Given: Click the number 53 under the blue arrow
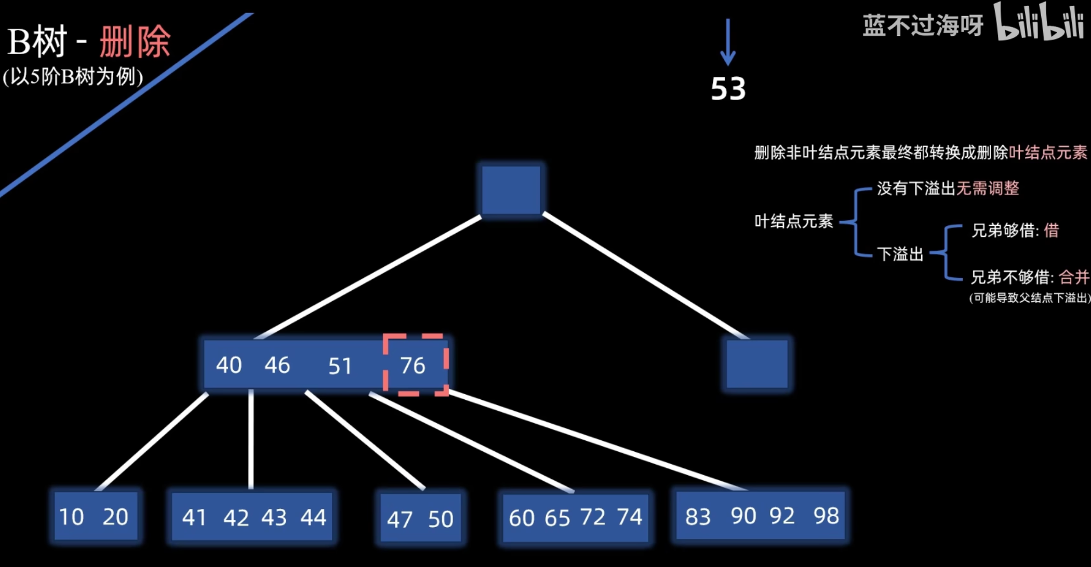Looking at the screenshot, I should click(728, 89).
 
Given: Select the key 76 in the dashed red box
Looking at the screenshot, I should click(413, 366).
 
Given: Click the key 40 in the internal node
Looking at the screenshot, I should click(229, 365).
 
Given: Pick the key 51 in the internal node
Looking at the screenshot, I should click(340, 366).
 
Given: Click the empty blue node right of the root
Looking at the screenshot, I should click(757, 364).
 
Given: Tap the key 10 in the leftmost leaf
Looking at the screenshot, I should click(71, 517).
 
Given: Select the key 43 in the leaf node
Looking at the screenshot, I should click(274, 518).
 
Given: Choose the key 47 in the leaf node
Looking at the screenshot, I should click(400, 519).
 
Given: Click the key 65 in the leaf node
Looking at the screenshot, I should click(557, 518).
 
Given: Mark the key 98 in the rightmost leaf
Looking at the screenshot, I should click(826, 516).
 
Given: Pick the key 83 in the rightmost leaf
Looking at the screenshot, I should click(698, 517).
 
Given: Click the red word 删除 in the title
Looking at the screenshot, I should click(135, 42).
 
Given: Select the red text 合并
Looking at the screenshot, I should click(1073, 277).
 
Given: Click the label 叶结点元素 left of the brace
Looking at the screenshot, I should click(794, 222).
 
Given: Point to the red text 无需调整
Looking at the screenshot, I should click(988, 188).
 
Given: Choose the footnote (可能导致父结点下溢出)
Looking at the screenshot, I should click(1029, 298).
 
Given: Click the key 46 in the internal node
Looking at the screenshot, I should click(277, 365).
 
